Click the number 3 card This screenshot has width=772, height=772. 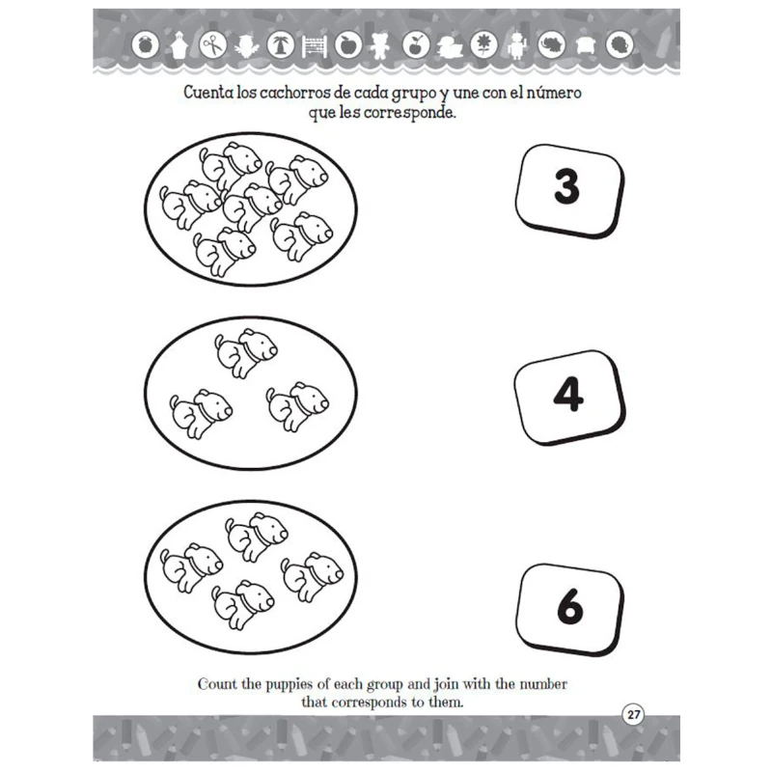pos(569,191)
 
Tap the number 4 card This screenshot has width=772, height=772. pos(569,398)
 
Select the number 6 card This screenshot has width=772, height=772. pos(569,610)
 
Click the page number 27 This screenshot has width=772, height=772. pos(633,714)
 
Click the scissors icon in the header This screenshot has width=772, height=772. pos(213,45)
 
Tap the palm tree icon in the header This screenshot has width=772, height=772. pos(281,45)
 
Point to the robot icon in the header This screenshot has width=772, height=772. pos(516,45)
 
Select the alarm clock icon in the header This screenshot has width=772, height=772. pos(146,45)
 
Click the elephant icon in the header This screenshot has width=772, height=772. pos(551,45)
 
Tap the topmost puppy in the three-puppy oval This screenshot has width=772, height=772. pos(246,353)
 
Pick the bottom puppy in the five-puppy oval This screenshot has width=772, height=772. pos(243,605)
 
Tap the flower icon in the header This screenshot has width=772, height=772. pos(484,45)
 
